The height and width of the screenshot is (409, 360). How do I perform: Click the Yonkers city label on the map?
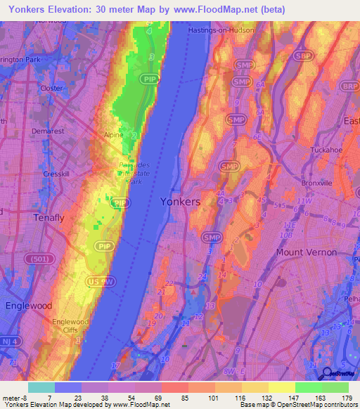pyautogui.click(x=180, y=202)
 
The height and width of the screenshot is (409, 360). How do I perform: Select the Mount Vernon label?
pyautogui.click(x=306, y=252)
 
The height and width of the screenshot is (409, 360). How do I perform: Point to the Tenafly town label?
pyautogui.click(x=49, y=218)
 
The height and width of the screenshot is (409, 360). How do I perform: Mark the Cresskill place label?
pyautogui.click(x=55, y=173)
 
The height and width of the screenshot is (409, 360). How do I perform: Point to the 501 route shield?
pyautogui.click(x=39, y=259)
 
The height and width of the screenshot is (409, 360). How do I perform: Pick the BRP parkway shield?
pyautogui.click(x=349, y=85)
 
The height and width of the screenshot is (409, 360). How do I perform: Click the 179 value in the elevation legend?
pyautogui.click(x=347, y=398)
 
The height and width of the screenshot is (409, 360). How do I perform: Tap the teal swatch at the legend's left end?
pyautogui.click(x=41, y=388)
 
